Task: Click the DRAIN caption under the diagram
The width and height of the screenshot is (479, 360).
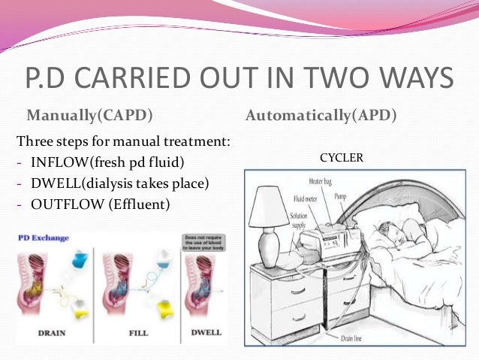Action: pyautogui.click(x=49, y=331)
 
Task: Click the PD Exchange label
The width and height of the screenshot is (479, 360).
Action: pyautogui.click(x=42, y=238)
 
